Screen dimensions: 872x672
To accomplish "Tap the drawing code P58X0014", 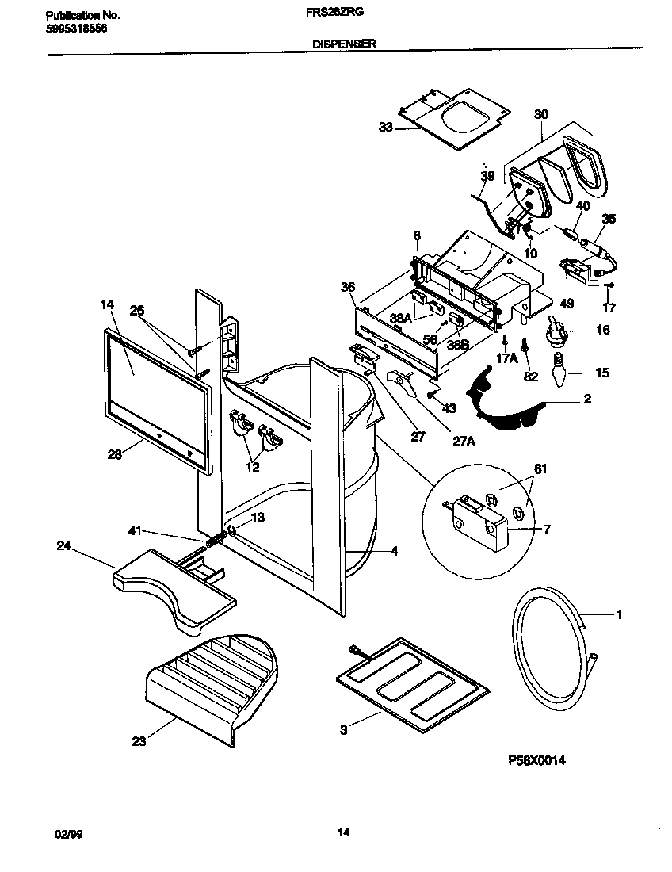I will pyautogui.click(x=536, y=759).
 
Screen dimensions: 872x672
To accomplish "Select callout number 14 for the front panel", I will pyautogui.click(x=108, y=304).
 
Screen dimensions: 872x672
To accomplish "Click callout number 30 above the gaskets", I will pyautogui.click(x=541, y=114).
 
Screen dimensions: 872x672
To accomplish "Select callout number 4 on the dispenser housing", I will pyautogui.click(x=394, y=552).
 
